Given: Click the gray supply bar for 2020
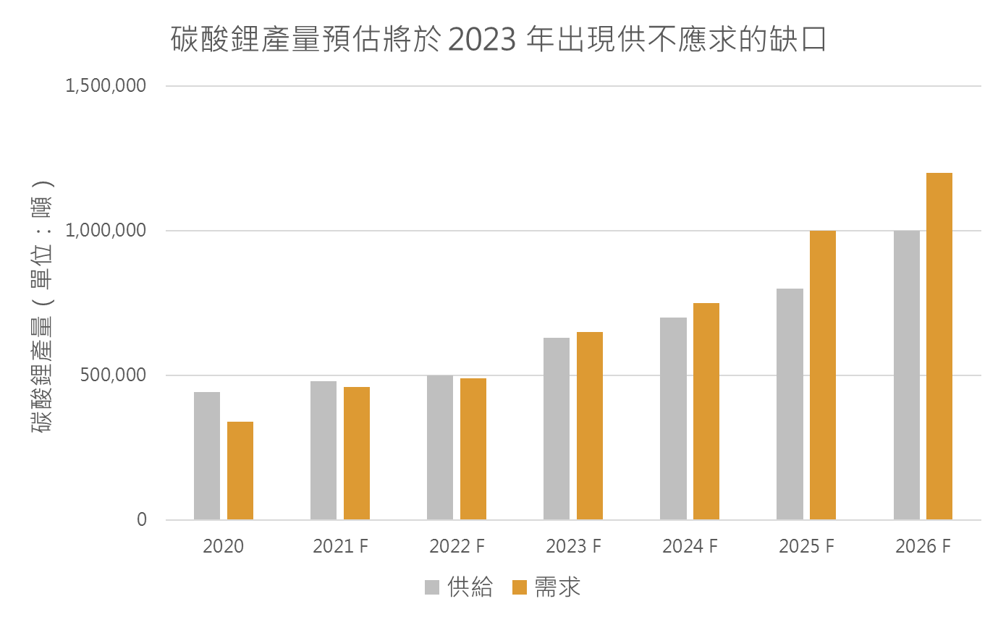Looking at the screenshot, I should [x=207, y=456].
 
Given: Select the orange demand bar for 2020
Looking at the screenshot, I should [x=240, y=470].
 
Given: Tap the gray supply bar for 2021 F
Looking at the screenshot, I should [x=323, y=450].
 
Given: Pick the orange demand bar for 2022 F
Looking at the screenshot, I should [x=473, y=448].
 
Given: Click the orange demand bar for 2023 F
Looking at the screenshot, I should [x=590, y=425].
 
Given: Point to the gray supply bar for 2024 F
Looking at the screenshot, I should [x=673, y=418].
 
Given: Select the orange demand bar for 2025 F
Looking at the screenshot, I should [x=823, y=375].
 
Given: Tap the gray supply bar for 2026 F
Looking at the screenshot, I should [x=907, y=375].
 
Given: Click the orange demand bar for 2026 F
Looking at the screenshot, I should [x=939, y=346].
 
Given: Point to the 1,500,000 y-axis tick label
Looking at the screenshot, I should [x=106, y=86].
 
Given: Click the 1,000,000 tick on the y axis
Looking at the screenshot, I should [x=106, y=231].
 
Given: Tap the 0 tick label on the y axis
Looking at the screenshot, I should [x=141, y=520].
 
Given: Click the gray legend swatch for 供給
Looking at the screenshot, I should [x=432, y=587].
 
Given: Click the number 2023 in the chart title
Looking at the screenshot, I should [x=483, y=40].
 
